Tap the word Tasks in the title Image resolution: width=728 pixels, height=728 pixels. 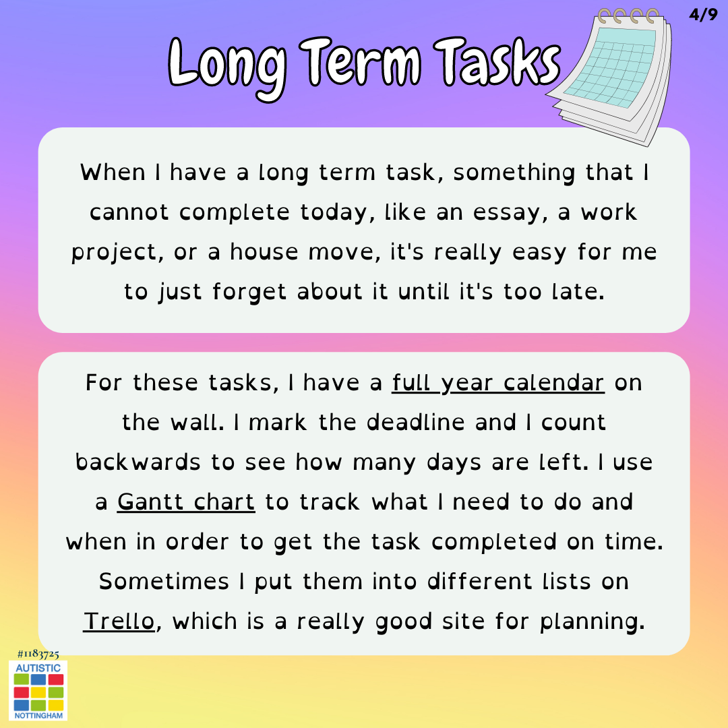click(497, 62)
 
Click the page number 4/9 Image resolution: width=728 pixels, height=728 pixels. click(703, 15)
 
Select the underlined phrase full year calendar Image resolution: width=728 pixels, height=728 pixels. click(498, 384)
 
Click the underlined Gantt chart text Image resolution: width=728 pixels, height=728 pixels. click(186, 502)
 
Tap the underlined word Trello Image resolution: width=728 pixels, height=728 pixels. click(119, 621)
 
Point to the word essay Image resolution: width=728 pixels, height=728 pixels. click(507, 213)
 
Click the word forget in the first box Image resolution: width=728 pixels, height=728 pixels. click(249, 293)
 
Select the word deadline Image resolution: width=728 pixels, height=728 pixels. click(415, 423)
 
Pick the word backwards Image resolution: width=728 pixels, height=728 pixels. click(138, 462)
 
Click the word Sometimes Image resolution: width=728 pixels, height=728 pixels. click(164, 582)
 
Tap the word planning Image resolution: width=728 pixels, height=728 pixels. click(593, 622)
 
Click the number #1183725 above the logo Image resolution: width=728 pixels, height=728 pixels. click(38, 654)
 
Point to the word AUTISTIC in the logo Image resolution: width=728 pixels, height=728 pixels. click(38, 667)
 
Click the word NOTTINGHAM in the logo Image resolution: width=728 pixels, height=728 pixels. click(38, 715)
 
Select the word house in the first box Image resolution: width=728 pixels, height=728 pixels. click(264, 253)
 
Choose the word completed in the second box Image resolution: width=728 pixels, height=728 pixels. click(493, 542)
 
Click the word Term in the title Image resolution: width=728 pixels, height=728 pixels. click(360, 62)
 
